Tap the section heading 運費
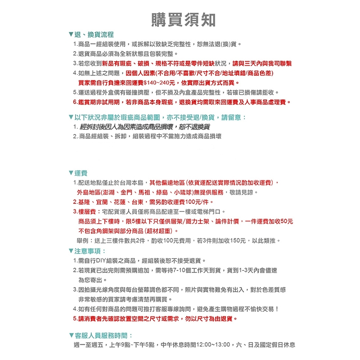(81, 173)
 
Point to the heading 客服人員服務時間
(103, 336)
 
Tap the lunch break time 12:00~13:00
(214, 345)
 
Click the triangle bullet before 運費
(71, 173)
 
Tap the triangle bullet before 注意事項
(71, 251)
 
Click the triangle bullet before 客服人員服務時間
(71, 336)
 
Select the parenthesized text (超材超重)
(157, 231)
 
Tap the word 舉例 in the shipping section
(84, 241)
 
